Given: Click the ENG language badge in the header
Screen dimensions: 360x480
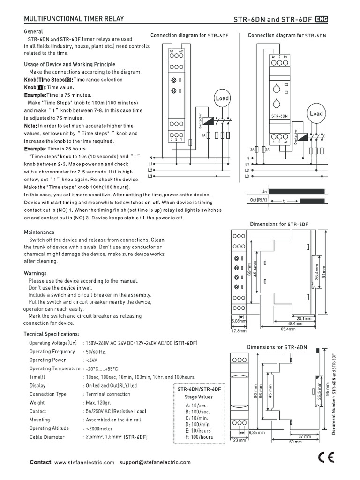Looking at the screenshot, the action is click(322, 19).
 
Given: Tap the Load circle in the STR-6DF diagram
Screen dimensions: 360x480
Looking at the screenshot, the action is click(222, 98).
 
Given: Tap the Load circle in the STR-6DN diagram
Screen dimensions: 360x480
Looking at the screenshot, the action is click(316, 113).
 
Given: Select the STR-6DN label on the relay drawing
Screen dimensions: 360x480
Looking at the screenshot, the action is click(279, 116).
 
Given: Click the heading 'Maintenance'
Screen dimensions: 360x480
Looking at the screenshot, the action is click(39, 232).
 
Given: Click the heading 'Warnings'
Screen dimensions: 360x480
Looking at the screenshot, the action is click(35, 273).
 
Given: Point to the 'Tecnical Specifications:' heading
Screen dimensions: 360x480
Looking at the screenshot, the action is click(52, 334).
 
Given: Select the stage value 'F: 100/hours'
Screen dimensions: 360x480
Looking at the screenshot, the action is click(199, 437).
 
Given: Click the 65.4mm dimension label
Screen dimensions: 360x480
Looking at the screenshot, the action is click(288, 329).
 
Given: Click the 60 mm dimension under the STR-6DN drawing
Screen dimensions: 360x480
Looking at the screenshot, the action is click(295, 442).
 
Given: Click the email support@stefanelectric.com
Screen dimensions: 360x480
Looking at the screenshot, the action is click(155, 462).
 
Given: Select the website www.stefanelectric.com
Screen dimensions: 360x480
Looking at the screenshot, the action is click(84, 462).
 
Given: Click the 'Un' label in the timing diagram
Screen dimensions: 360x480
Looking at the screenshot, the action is click(263, 191).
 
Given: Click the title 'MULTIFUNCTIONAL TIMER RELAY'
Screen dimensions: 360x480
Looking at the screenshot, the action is click(74, 19).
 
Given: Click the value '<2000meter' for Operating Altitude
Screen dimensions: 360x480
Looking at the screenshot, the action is click(98, 428).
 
